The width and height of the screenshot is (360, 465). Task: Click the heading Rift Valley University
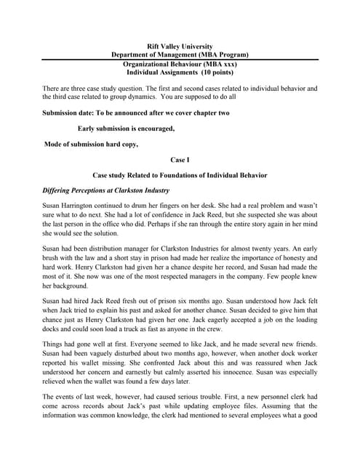(180, 46)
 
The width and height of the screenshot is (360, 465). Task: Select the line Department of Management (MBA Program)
(180, 54)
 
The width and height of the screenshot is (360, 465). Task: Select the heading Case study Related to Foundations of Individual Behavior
(180, 175)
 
